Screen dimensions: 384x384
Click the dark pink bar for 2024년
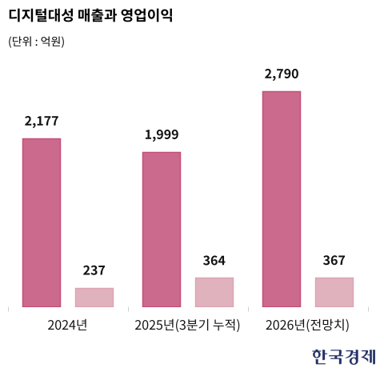click(42, 222)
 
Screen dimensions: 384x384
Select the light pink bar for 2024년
click(94, 298)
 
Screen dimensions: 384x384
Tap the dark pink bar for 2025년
click(162, 230)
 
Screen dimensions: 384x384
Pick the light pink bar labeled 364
click(214, 292)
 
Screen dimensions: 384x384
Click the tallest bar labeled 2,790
click(282, 199)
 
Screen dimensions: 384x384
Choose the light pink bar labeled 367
click(334, 292)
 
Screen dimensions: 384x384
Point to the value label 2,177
click(42, 122)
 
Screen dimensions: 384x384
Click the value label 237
click(94, 270)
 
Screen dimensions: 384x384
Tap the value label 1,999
click(162, 134)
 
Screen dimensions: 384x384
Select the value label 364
click(214, 261)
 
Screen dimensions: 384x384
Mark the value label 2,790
click(282, 74)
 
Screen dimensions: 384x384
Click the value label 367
click(334, 261)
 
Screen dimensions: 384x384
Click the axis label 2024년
click(67, 325)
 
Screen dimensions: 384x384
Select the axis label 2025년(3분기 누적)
click(187, 325)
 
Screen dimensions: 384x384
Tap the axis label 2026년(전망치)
click(307, 325)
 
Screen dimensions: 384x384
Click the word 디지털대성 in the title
click(41, 15)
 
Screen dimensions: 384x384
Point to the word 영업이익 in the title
click(146, 15)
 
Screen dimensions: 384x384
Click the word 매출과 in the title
click(97, 15)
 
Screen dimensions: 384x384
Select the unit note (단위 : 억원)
click(36, 42)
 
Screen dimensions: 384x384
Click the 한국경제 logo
click(344, 357)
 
